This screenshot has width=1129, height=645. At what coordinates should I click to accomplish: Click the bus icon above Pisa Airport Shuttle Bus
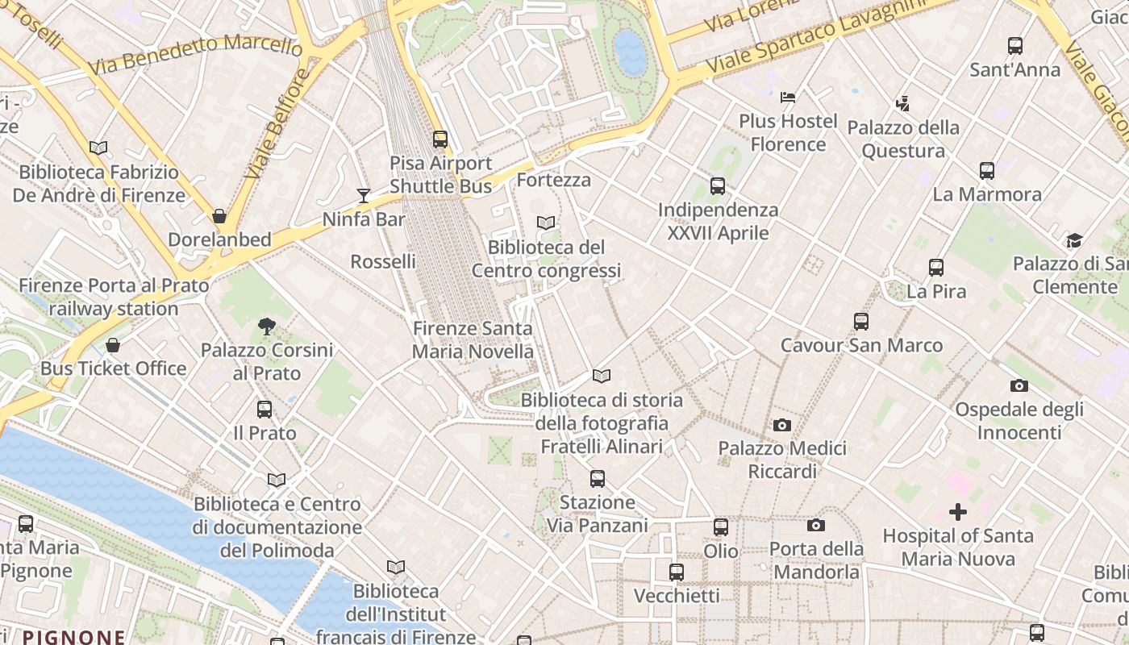440,139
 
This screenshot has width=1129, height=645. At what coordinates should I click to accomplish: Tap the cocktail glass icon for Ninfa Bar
364,195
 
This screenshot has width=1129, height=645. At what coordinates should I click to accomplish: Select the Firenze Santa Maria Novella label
473,340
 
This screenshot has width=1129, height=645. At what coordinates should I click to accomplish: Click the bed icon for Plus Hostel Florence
788,98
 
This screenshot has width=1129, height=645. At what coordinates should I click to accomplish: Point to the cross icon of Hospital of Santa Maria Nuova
958,512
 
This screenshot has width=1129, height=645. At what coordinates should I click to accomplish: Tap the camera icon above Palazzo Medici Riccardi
781,425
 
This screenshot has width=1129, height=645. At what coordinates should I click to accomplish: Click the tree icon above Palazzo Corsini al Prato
266,327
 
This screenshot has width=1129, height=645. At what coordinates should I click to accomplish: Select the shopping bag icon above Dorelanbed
219,216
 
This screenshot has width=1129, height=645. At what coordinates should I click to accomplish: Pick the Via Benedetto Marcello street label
195,54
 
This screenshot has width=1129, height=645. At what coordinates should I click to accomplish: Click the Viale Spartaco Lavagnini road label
814,35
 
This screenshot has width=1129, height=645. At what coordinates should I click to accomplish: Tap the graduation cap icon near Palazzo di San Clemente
1074,240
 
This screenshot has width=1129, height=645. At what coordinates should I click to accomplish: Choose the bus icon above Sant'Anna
1015,46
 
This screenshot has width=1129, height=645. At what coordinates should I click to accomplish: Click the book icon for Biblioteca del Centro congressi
546,223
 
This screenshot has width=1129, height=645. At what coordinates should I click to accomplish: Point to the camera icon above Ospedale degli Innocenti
1019,386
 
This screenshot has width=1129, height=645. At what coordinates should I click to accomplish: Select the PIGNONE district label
73,637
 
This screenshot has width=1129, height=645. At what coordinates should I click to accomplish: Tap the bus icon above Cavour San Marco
861,322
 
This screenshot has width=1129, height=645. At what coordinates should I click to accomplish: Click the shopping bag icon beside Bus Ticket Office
113,345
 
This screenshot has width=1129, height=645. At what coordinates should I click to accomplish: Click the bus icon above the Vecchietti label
677,572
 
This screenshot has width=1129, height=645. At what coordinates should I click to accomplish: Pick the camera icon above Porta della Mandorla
816,526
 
